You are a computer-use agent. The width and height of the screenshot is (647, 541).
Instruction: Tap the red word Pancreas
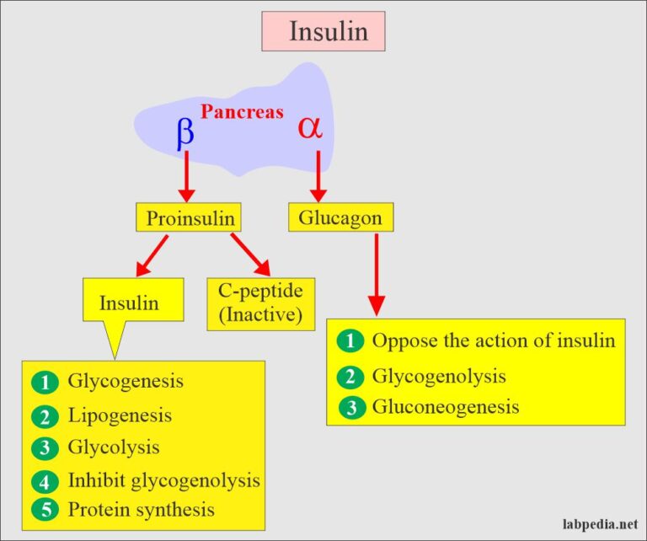[242, 112]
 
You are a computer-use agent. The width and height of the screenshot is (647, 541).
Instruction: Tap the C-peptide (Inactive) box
[260, 303]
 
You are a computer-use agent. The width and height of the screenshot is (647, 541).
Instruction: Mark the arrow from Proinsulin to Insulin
[152, 255]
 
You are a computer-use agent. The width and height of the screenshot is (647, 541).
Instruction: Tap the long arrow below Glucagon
[377, 271]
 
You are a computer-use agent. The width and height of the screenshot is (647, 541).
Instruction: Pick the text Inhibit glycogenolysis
[163, 480]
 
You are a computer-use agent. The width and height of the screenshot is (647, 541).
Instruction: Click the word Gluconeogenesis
[445, 407]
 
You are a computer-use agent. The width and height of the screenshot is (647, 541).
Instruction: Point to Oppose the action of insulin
[494, 341]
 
